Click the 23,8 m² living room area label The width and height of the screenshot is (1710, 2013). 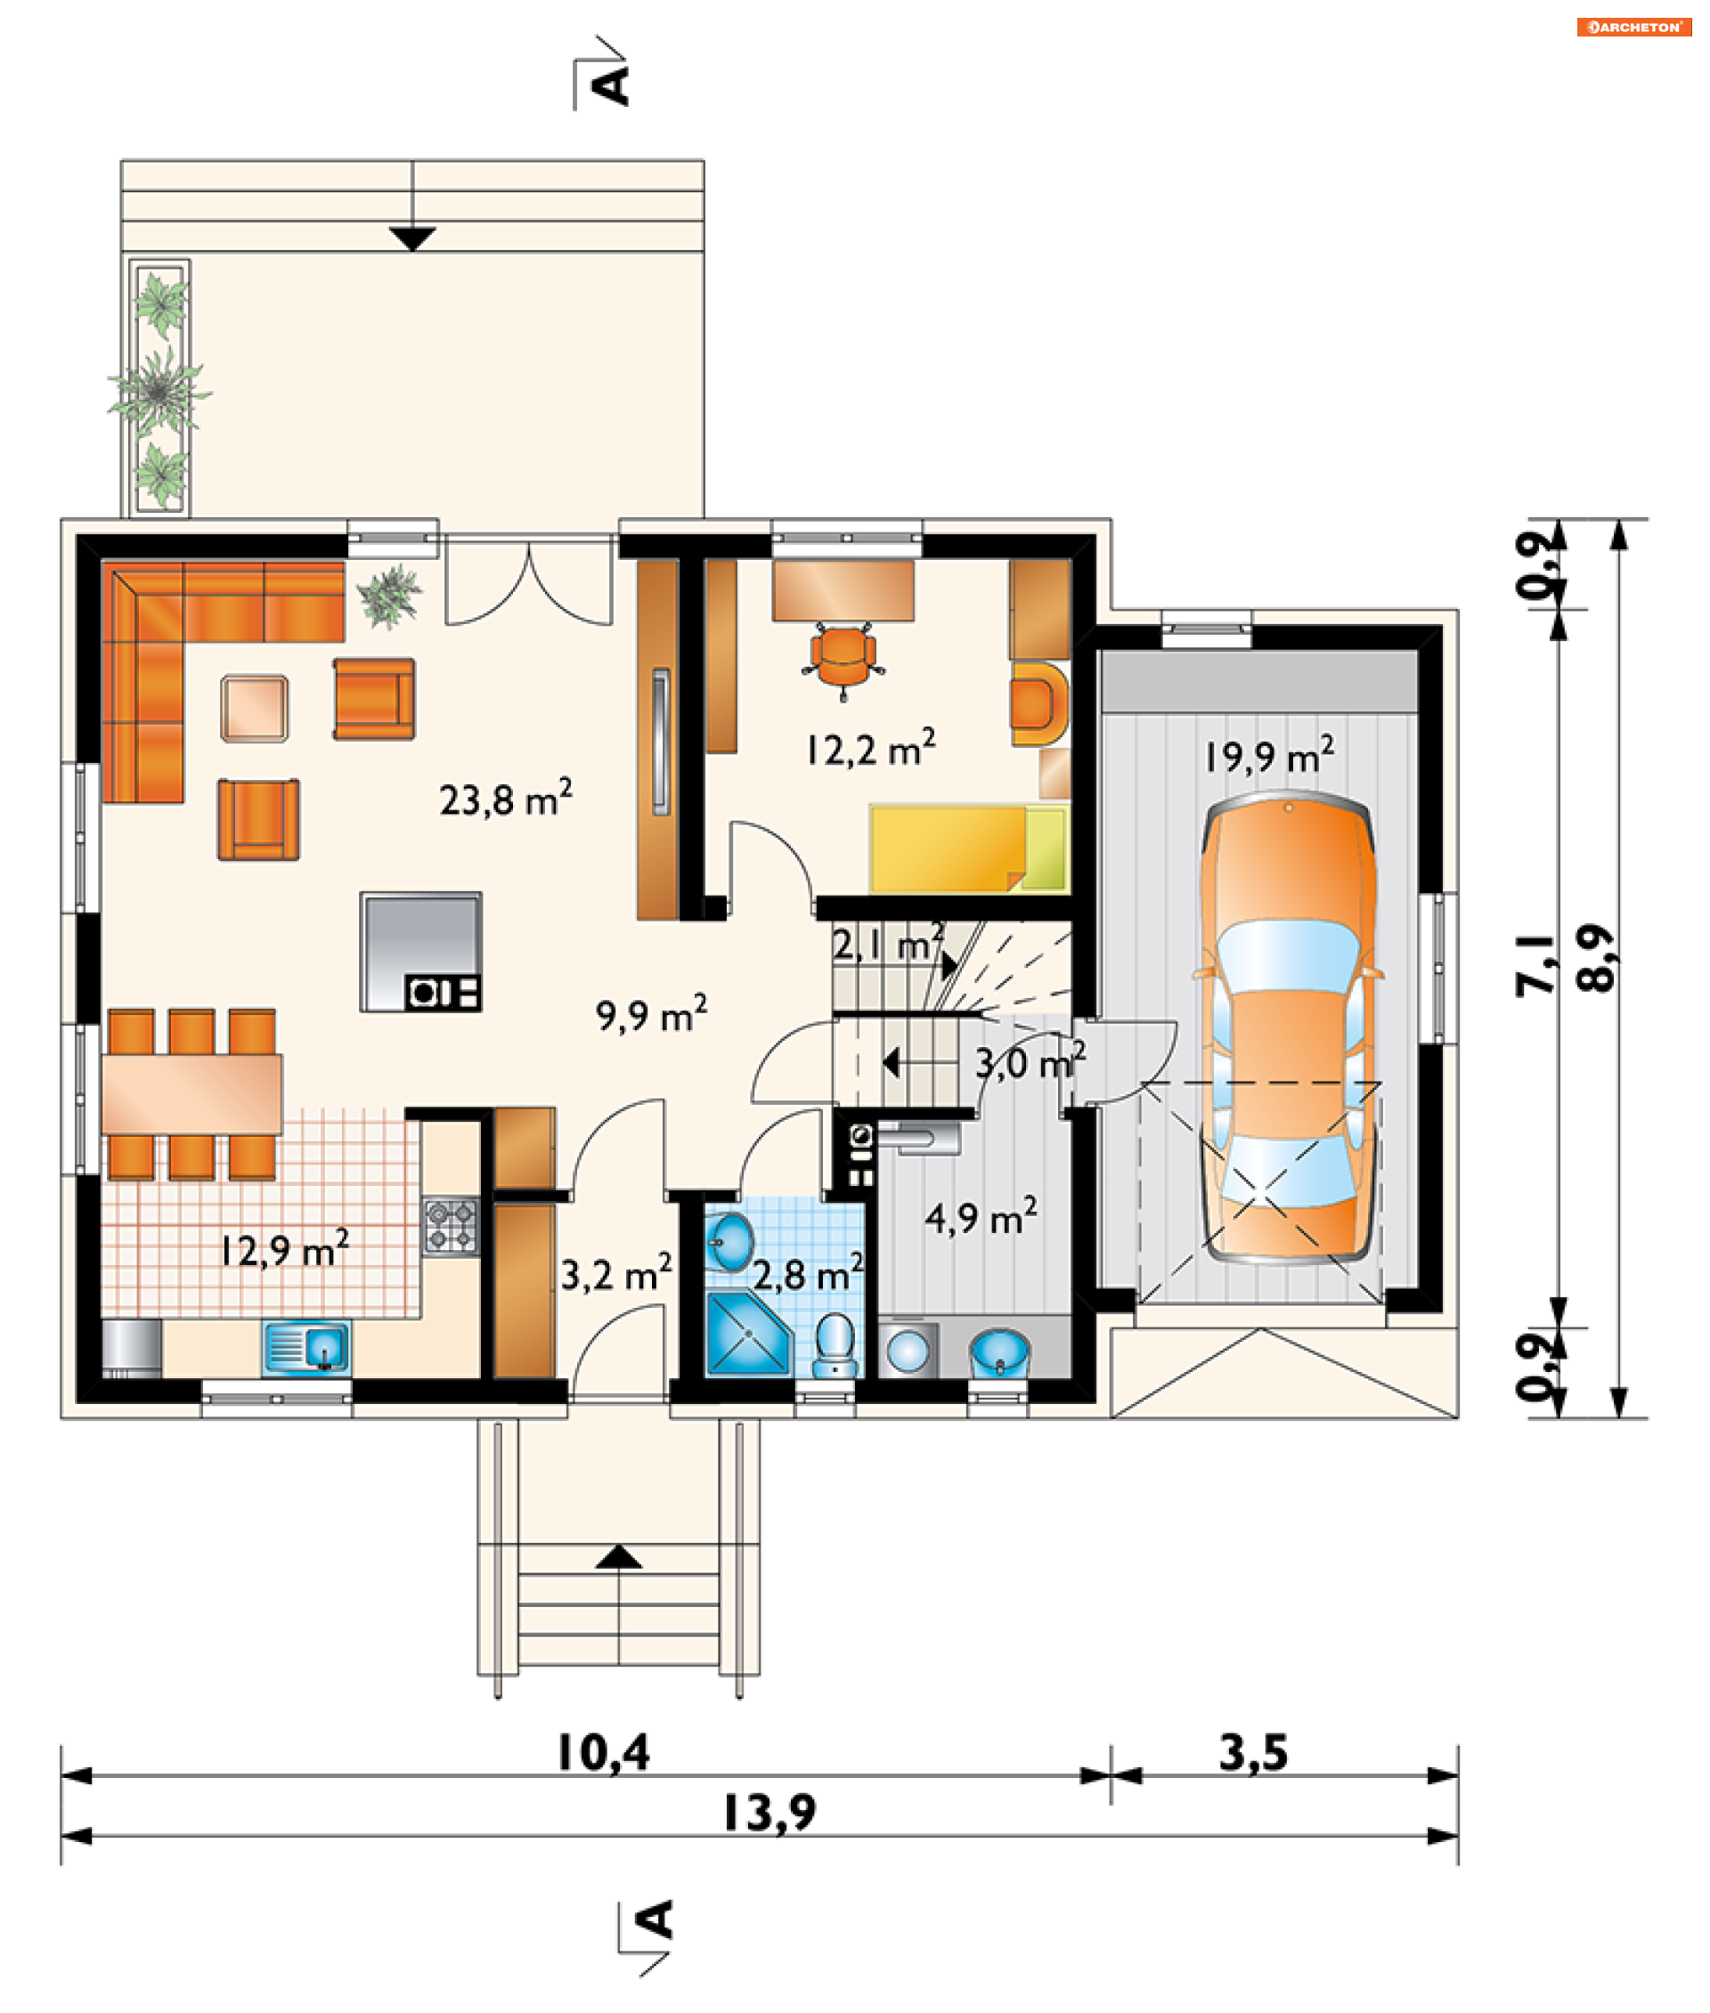click(505, 799)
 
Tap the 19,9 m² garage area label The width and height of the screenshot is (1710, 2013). click(1269, 755)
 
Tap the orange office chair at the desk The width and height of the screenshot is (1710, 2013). click(843, 658)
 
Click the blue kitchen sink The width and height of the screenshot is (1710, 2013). click(305, 1347)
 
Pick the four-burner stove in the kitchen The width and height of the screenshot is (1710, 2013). click(451, 1227)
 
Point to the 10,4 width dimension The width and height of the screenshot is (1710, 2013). click(603, 1752)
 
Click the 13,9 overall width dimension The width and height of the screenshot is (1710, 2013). click(769, 1813)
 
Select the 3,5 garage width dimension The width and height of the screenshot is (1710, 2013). click(1253, 1752)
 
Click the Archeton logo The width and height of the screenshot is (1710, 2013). click(1634, 27)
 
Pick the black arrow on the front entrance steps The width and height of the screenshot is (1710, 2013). click(618, 1556)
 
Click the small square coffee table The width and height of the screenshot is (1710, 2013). click(254, 709)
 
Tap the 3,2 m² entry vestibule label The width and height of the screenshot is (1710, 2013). click(616, 1273)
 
